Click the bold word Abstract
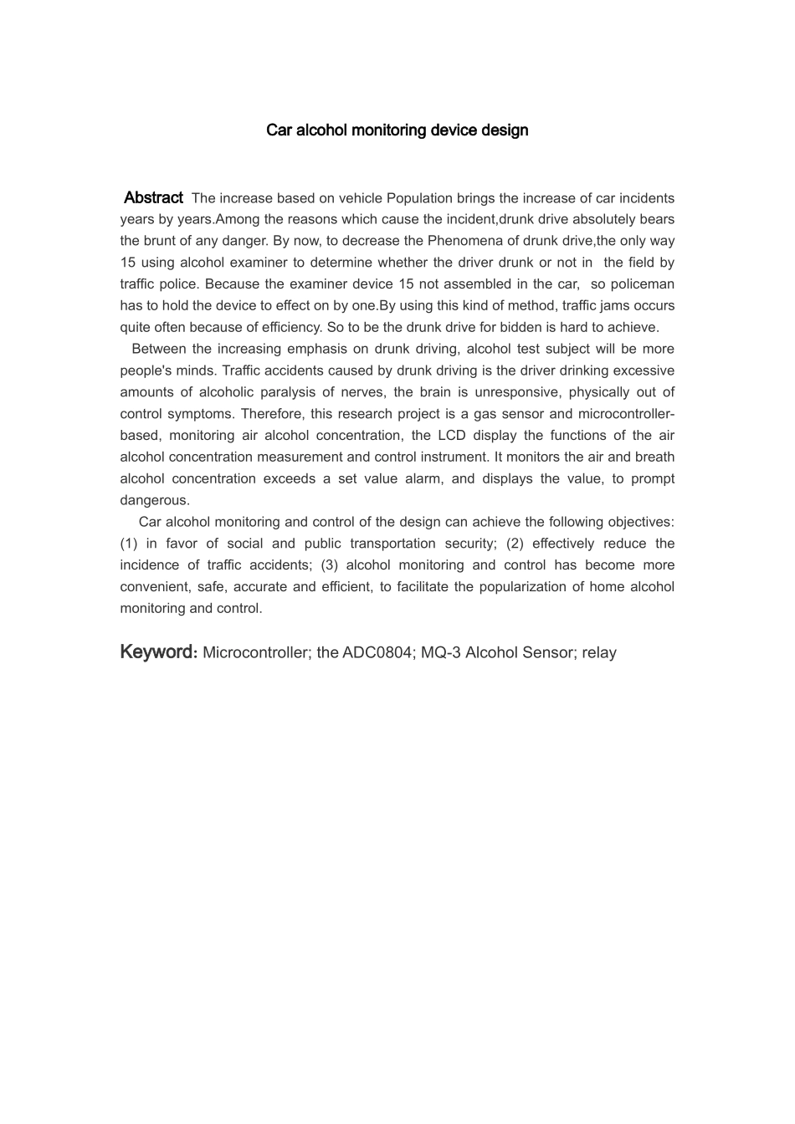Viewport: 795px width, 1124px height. tap(153, 198)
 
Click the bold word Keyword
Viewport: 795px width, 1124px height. tap(157, 652)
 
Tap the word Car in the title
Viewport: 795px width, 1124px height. tap(277, 130)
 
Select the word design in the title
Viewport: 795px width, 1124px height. tap(504, 130)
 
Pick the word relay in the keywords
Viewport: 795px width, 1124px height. tap(599, 653)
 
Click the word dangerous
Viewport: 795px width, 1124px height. tap(155, 501)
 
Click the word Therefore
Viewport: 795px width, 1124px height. tap(271, 414)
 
